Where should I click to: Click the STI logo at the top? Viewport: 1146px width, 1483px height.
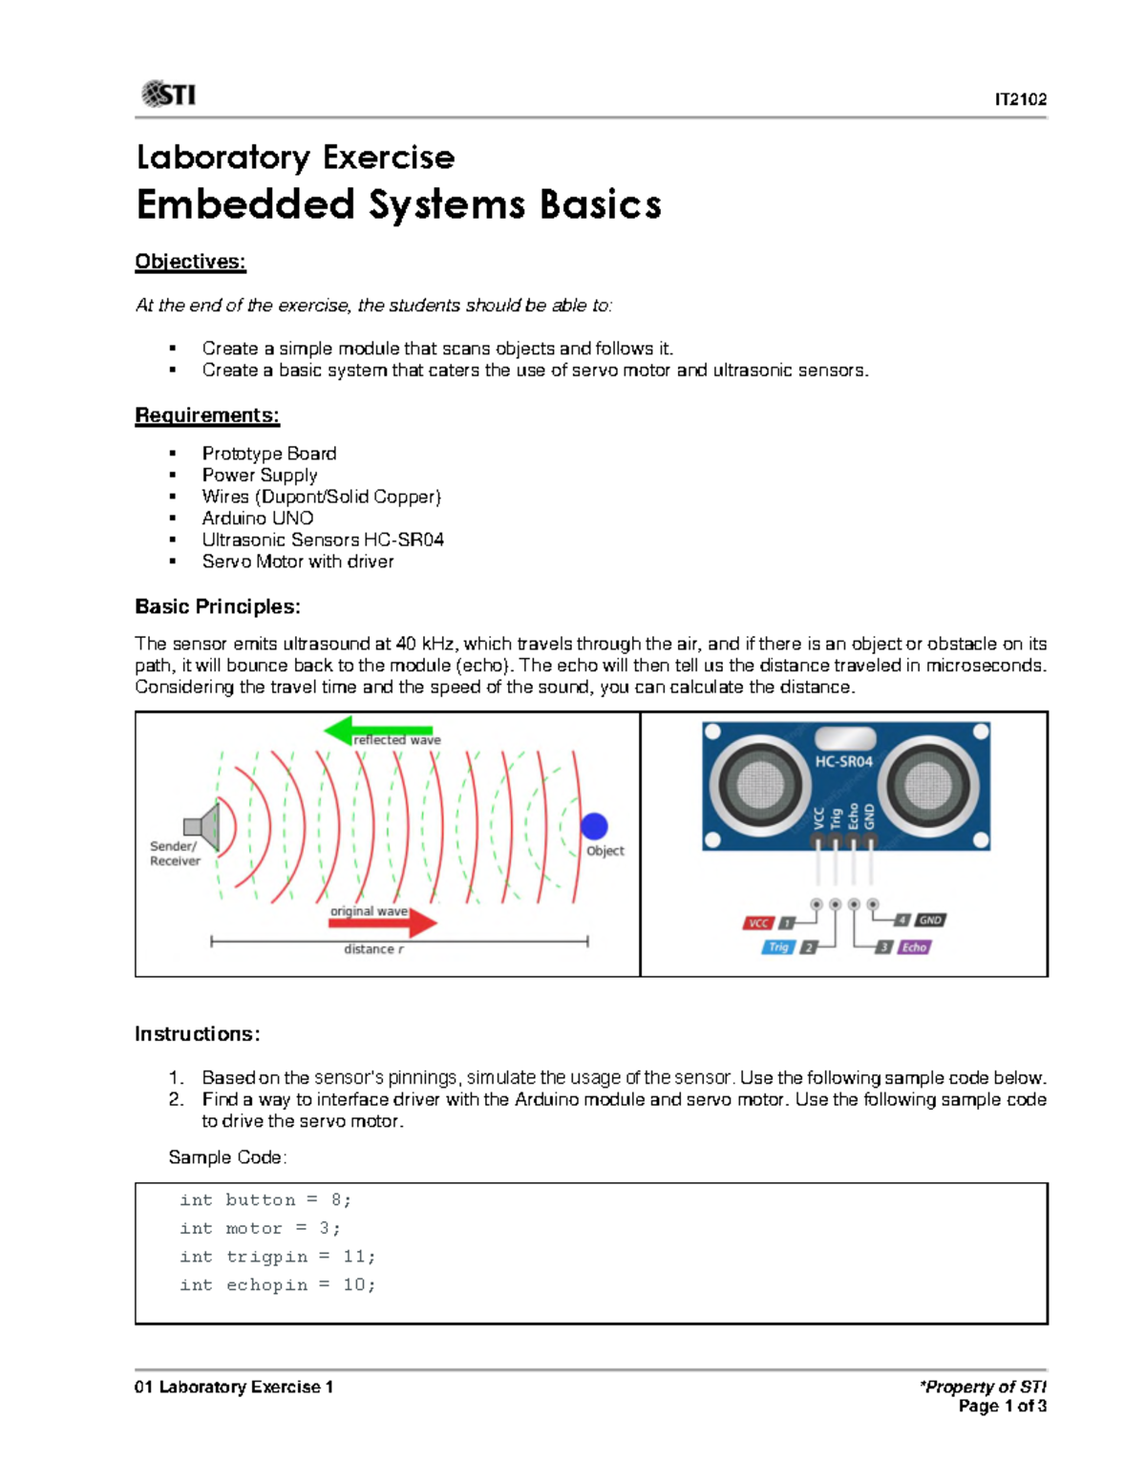(x=168, y=94)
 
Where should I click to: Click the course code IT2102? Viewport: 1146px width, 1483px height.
(x=1020, y=99)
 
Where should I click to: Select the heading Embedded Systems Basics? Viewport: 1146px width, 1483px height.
(x=398, y=204)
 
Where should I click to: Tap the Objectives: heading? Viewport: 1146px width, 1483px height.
(x=190, y=262)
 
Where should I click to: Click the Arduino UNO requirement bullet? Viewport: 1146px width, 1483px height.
(x=257, y=518)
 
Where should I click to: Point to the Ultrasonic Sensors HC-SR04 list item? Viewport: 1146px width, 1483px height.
(x=322, y=540)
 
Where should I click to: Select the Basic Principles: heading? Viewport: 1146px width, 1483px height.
(x=218, y=606)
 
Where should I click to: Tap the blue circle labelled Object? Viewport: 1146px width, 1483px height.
(x=594, y=826)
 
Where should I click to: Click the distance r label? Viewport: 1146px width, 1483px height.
(x=373, y=948)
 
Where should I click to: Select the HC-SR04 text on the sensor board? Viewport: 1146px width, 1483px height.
(x=843, y=761)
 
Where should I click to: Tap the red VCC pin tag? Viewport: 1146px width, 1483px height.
(x=757, y=922)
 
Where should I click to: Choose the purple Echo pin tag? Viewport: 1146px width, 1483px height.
(x=914, y=947)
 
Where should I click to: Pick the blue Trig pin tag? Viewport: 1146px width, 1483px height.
(x=778, y=947)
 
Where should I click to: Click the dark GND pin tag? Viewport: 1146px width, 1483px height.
(x=930, y=921)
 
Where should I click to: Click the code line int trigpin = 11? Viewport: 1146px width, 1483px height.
(x=277, y=1257)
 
